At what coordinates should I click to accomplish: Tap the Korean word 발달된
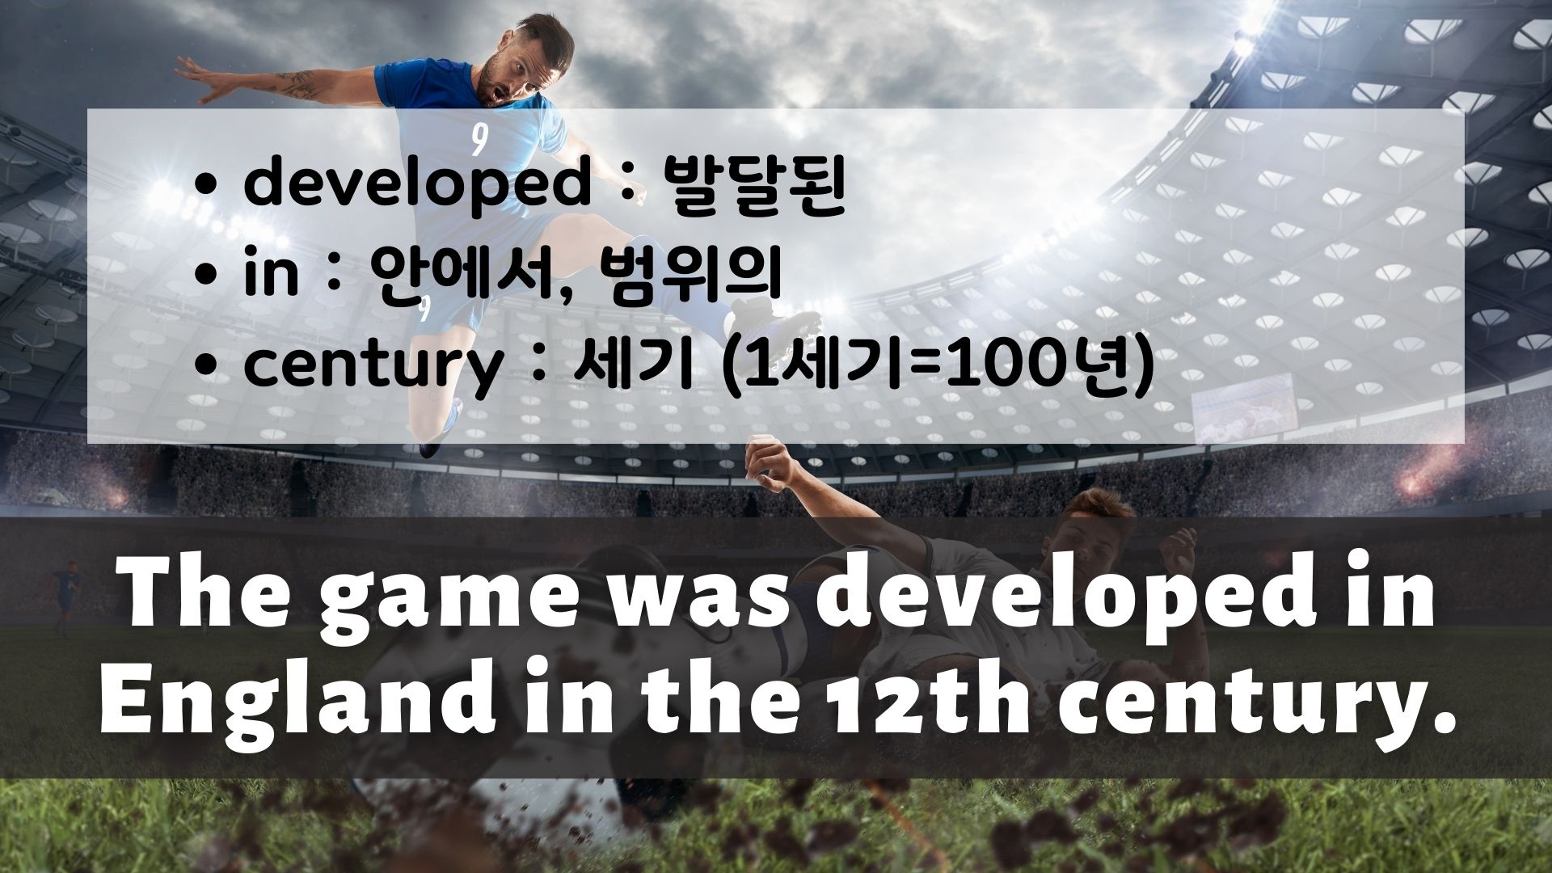753,185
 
